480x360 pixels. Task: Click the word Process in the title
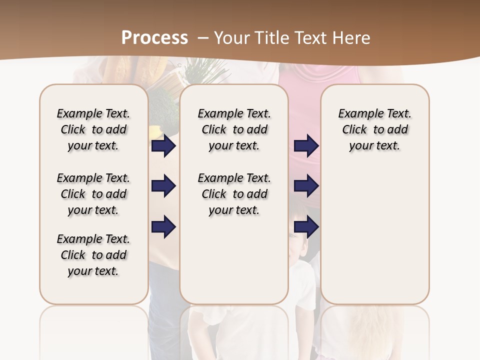154,38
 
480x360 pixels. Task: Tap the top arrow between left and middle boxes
163,146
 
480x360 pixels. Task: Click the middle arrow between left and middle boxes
163,186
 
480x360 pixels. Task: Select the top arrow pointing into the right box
306,146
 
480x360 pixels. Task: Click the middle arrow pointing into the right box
306,186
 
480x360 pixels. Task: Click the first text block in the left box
93,129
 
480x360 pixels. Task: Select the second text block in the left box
93,194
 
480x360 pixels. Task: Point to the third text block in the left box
93,255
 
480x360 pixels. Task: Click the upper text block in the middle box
234,129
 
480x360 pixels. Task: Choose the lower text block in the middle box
234,194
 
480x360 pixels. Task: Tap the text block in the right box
374,129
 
